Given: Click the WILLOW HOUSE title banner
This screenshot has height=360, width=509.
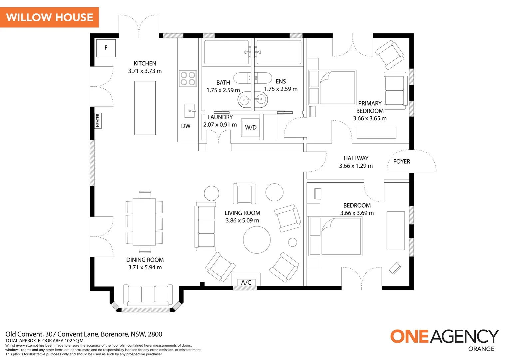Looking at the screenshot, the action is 49,17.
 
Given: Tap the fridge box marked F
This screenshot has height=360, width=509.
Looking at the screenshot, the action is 106,48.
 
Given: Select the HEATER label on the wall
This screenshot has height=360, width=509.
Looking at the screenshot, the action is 98,121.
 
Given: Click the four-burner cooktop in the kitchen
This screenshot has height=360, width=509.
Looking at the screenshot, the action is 188,79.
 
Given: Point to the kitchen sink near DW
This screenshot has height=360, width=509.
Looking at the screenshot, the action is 190,111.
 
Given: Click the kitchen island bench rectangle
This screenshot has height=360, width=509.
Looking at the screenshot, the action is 145,108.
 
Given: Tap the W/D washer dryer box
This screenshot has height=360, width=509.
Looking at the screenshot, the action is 250,127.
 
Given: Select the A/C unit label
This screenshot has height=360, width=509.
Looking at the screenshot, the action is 246,282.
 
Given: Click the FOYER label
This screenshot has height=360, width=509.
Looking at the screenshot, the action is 401,161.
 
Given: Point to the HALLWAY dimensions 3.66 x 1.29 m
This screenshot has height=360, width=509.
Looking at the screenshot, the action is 356,166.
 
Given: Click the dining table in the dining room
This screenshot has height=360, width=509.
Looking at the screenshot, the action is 144,222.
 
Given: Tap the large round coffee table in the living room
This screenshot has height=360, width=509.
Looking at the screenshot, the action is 257,240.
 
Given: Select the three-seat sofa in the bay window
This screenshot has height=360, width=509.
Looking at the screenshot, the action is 148,295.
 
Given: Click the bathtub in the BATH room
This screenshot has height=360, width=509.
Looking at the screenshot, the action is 227,52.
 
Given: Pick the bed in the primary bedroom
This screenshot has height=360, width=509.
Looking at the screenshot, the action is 332,87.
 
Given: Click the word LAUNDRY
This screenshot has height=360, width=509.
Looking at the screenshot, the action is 220,117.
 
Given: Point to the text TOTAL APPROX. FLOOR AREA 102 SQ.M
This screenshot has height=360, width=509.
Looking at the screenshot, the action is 44,341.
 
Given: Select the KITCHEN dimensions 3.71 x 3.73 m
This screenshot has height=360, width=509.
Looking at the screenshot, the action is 145,71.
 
